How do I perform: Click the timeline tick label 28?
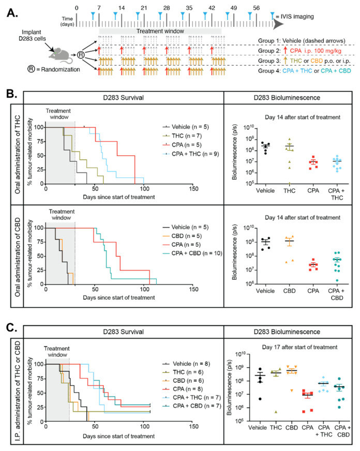coord(166,9)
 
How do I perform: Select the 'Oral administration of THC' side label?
coord(14,158)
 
